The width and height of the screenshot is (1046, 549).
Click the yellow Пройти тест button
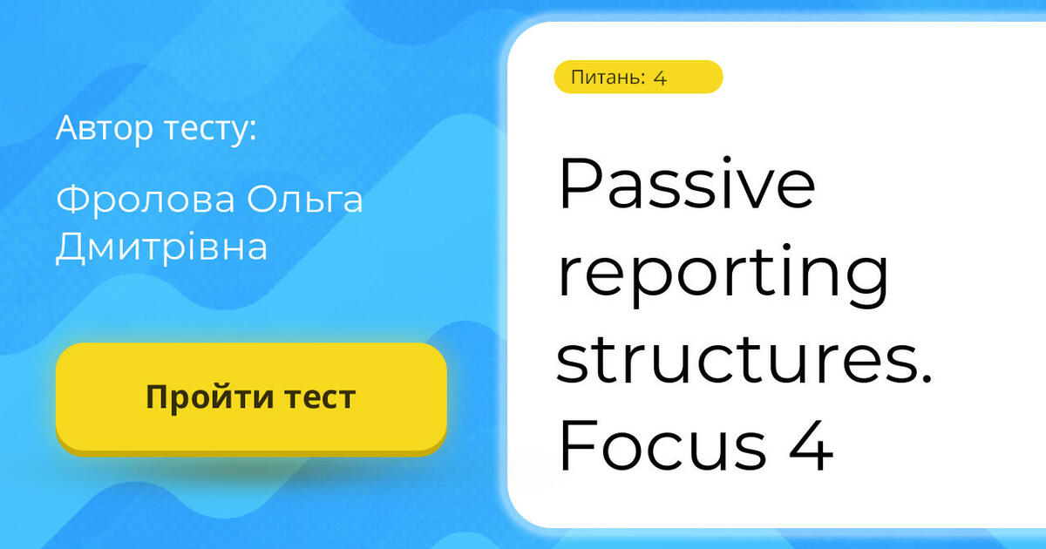(251, 397)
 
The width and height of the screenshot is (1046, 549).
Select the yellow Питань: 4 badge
(638, 78)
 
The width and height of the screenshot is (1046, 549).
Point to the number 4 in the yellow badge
(660, 78)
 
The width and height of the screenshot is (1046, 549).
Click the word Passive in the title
(687, 185)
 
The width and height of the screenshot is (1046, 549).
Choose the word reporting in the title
(723, 277)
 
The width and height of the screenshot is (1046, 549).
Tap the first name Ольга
(304, 201)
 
